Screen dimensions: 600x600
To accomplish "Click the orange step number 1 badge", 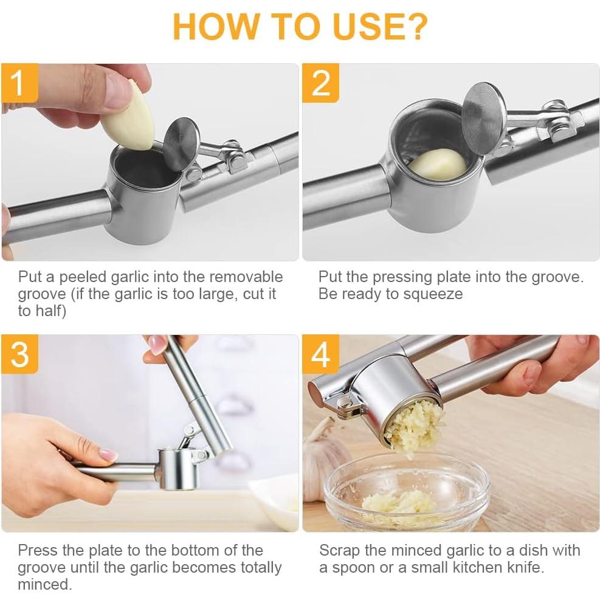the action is [x=19, y=83].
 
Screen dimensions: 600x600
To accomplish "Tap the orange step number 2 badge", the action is [x=320, y=83].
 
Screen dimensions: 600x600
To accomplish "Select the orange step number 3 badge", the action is [x=19, y=354].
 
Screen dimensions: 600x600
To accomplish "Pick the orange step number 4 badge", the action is [x=320, y=354].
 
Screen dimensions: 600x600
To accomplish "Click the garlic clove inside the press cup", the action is [x=438, y=164].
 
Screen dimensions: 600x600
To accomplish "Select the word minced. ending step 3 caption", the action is [x=45, y=584].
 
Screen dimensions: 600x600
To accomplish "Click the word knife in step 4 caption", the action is [x=524, y=567].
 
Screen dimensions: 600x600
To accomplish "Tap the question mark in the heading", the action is [x=415, y=26].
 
